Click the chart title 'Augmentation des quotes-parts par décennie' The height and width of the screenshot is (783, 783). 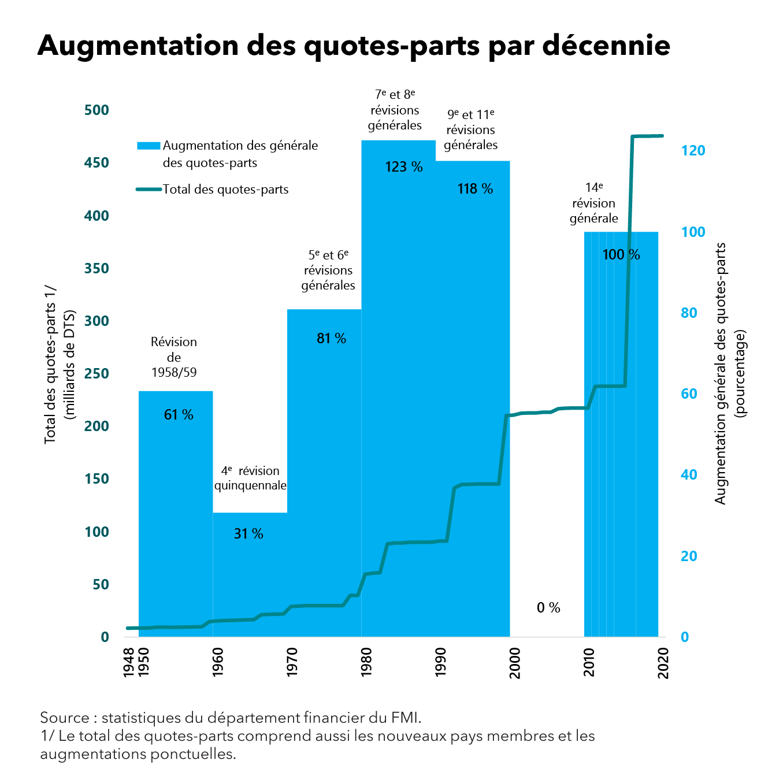click(354, 45)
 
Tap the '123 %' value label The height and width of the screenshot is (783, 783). click(404, 167)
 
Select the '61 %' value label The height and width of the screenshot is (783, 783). click(179, 414)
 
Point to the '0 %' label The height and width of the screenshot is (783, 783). click(548, 607)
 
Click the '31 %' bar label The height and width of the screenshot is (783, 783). click(248, 533)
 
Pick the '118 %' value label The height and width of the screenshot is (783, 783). click(475, 189)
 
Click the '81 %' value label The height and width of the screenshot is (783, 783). click(331, 339)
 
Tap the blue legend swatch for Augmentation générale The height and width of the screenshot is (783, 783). click(149, 146)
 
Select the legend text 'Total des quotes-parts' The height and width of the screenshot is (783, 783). click(225, 190)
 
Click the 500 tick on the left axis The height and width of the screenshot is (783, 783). click(97, 110)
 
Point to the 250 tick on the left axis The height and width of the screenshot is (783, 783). click(97, 373)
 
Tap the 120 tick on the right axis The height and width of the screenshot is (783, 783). click(693, 151)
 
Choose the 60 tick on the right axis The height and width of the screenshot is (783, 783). click(689, 394)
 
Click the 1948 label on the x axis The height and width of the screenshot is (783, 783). click(129, 662)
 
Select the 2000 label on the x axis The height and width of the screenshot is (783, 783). click(515, 662)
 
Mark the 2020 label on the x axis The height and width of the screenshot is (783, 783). click(663, 662)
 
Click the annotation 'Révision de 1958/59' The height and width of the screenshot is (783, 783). click(174, 357)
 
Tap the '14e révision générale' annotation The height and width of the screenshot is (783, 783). click(594, 203)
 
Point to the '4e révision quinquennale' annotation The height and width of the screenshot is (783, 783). click(250, 478)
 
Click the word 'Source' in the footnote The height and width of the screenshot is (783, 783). click(65, 718)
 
